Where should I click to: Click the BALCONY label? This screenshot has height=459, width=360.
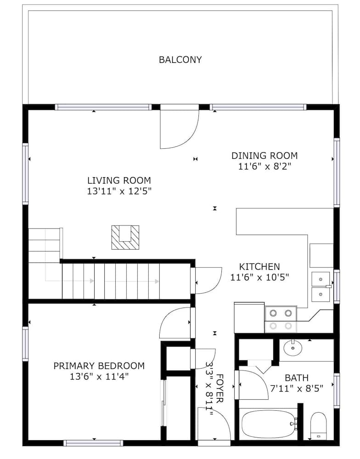click(x=180, y=60)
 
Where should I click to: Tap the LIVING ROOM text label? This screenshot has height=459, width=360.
click(x=119, y=180)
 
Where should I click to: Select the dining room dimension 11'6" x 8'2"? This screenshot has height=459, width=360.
click(x=264, y=167)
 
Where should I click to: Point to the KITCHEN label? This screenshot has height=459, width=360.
click(x=259, y=267)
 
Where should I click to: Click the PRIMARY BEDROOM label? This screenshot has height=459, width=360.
click(x=99, y=366)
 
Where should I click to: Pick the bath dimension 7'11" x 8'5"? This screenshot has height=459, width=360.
click(x=297, y=388)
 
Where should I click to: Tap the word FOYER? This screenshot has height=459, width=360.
click(x=219, y=388)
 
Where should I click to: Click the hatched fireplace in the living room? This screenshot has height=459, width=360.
click(x=125, y=237)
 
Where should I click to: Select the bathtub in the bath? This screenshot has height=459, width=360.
click(x=269, y=424)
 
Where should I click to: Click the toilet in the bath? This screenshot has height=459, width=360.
click(x=318, y=426)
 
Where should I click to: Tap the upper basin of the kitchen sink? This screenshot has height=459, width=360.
click(x=321, y=279)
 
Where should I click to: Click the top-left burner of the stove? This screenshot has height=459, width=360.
click(x=273, y=313)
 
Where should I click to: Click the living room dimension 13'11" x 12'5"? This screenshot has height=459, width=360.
click(x=119, y=191)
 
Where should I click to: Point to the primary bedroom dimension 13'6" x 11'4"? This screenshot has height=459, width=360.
click(x=99, y=376)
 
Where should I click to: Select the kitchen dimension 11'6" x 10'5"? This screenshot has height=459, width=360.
click(x=259, y=277)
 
